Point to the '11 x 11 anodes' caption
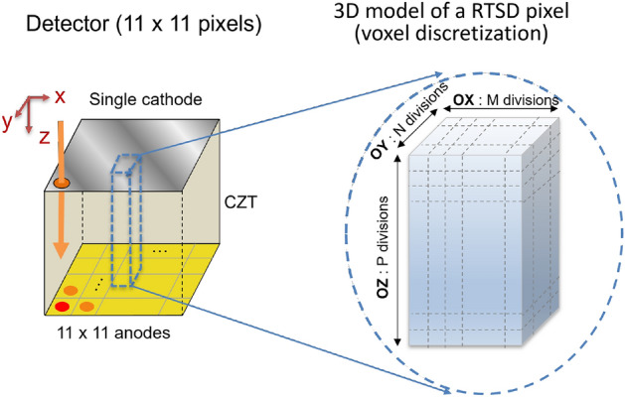coord(109,332)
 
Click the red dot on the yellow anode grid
coord(62,307)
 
